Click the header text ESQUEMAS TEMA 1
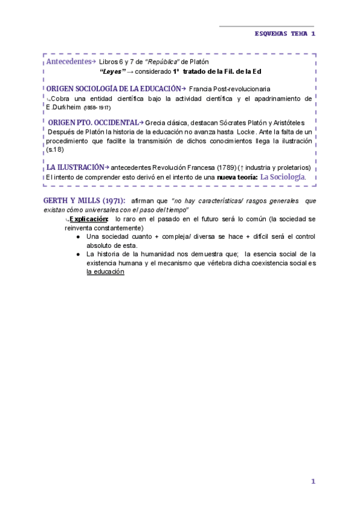pos(284,34)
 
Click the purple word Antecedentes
pos(67,62)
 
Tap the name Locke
pos(248,131)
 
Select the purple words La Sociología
pos(283,177)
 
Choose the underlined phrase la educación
pos(105,272)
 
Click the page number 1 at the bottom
pos(313,481)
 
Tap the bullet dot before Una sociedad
pos(79,236)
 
